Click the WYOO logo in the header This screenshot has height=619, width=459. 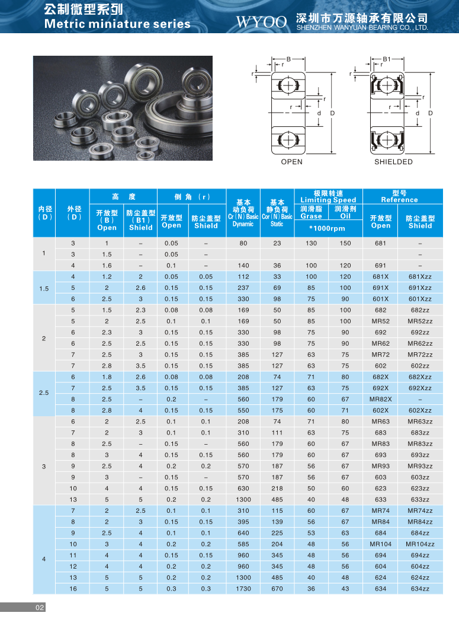tap(261, 22)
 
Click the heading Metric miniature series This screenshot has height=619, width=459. tap(117, 24)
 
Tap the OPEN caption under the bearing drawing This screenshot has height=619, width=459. tap(291, 162)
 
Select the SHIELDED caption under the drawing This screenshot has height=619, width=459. tap(393, 162)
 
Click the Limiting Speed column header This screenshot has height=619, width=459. tap(328, 200)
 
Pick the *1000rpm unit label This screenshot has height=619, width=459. tap(328, 228)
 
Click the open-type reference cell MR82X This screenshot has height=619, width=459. tap(381, 399)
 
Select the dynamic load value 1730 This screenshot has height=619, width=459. tap(243, 589)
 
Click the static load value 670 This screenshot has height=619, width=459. tap(277, 589)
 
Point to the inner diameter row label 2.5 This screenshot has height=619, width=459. tap(44, 394)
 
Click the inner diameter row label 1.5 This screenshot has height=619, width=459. tap(44, 288)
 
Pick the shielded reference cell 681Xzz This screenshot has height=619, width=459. tap(420, 277)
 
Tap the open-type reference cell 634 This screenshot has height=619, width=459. tap(381, 589)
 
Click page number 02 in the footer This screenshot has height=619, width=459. tap(40, 608)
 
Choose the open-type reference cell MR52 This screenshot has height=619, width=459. tap(381, 321)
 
